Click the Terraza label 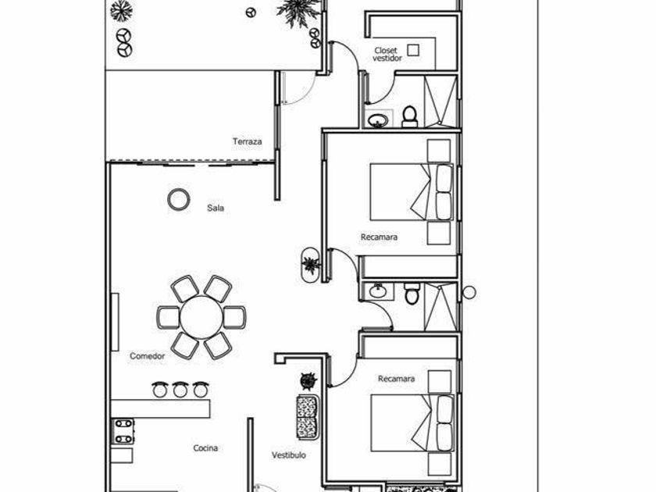(248, 141)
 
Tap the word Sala (216, 208)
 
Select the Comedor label (148, 356)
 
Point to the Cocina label (205, 448)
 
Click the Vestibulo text (289, 455)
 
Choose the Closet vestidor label (387, 55)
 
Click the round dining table (201, 318)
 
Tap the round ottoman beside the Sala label (179, 200)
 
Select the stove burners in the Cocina (123, 431)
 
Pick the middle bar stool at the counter (180, 390)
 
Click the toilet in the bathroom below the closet (409, 116)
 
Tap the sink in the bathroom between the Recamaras (377, 291)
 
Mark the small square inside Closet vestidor (413, 50)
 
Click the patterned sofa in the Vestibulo (308, 417)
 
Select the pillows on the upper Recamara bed (444, 192)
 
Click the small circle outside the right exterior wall (469, 292)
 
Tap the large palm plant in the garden (298, 9)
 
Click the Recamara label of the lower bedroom (396, 379)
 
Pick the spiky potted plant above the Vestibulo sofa (308, 381)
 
